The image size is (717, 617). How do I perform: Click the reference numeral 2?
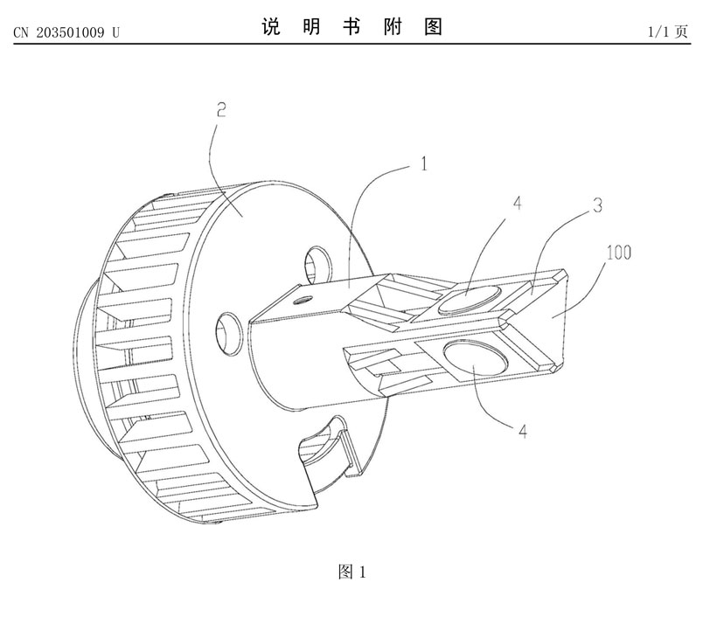coord(221,110)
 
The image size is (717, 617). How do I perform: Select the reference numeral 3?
coord(598,206)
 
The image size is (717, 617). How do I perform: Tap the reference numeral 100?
coord(617,253)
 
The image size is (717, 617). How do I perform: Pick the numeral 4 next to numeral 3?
coord(517,203)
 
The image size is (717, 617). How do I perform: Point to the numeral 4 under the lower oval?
coord(523,432)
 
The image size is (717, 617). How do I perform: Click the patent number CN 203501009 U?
coord(66,32)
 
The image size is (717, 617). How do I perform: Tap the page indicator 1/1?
coord(658,32)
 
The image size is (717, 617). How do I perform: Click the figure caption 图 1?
coord(352,572)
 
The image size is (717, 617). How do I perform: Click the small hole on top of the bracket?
coord(303,297)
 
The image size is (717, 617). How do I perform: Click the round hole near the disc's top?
coord(317,260)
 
